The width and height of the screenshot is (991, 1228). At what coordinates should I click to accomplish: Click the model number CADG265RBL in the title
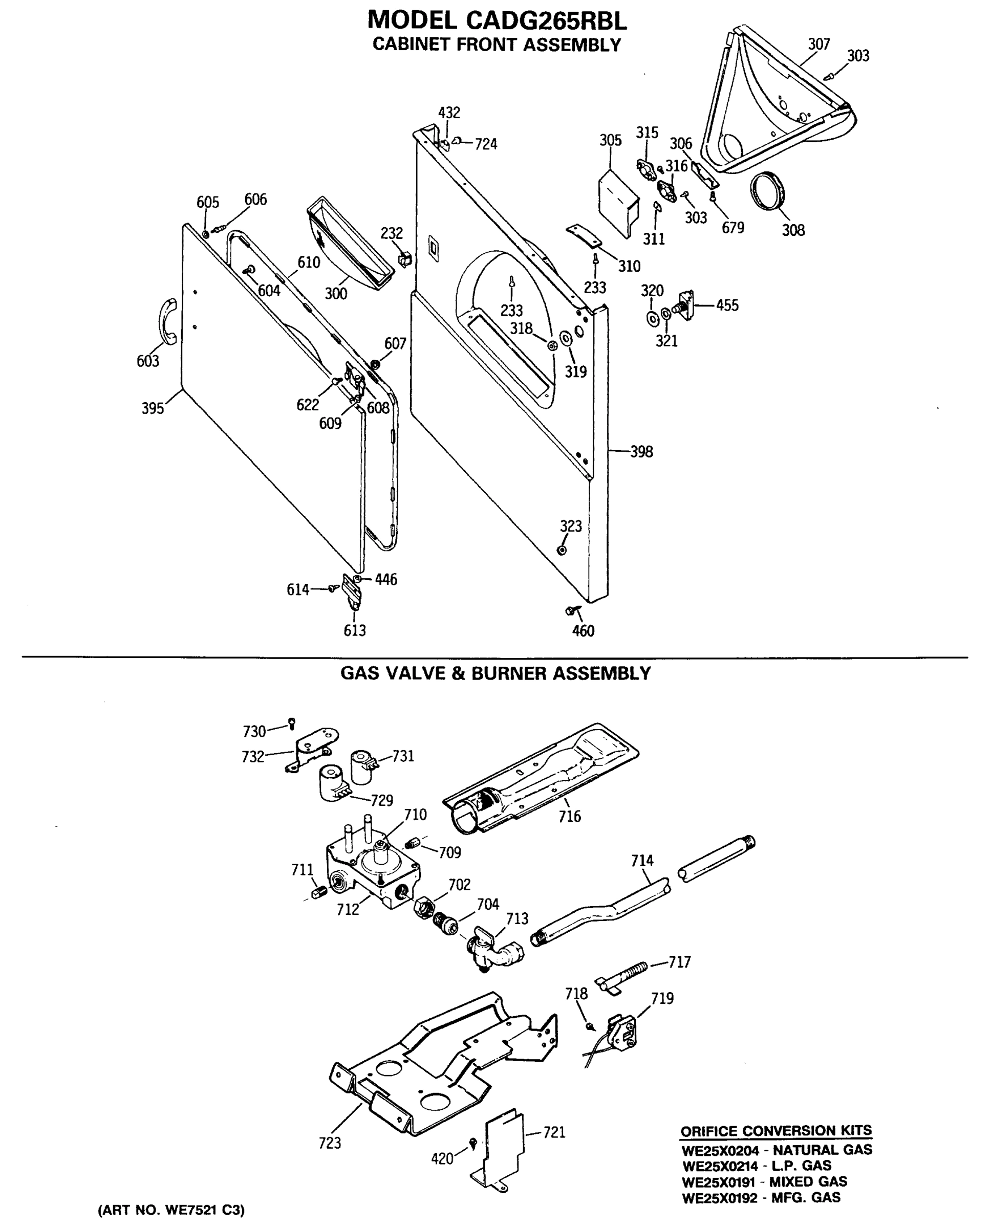546,20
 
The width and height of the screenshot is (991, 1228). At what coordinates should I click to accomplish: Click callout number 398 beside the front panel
641,452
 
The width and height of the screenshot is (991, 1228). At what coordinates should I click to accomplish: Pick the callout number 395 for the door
153,409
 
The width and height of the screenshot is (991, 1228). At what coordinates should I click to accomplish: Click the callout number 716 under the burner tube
569,817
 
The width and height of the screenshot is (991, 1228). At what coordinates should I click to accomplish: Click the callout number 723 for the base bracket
330,1143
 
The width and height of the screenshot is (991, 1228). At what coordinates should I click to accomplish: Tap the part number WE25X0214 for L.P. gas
720,1166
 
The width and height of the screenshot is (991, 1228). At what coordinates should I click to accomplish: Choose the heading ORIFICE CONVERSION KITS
776,1130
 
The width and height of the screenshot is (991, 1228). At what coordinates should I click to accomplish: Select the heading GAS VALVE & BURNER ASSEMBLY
495,673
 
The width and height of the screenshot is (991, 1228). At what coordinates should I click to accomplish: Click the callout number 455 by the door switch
727,305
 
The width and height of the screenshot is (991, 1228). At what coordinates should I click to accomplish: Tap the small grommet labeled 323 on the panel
562,550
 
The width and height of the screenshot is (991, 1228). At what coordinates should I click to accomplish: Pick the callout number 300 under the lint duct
336,293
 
